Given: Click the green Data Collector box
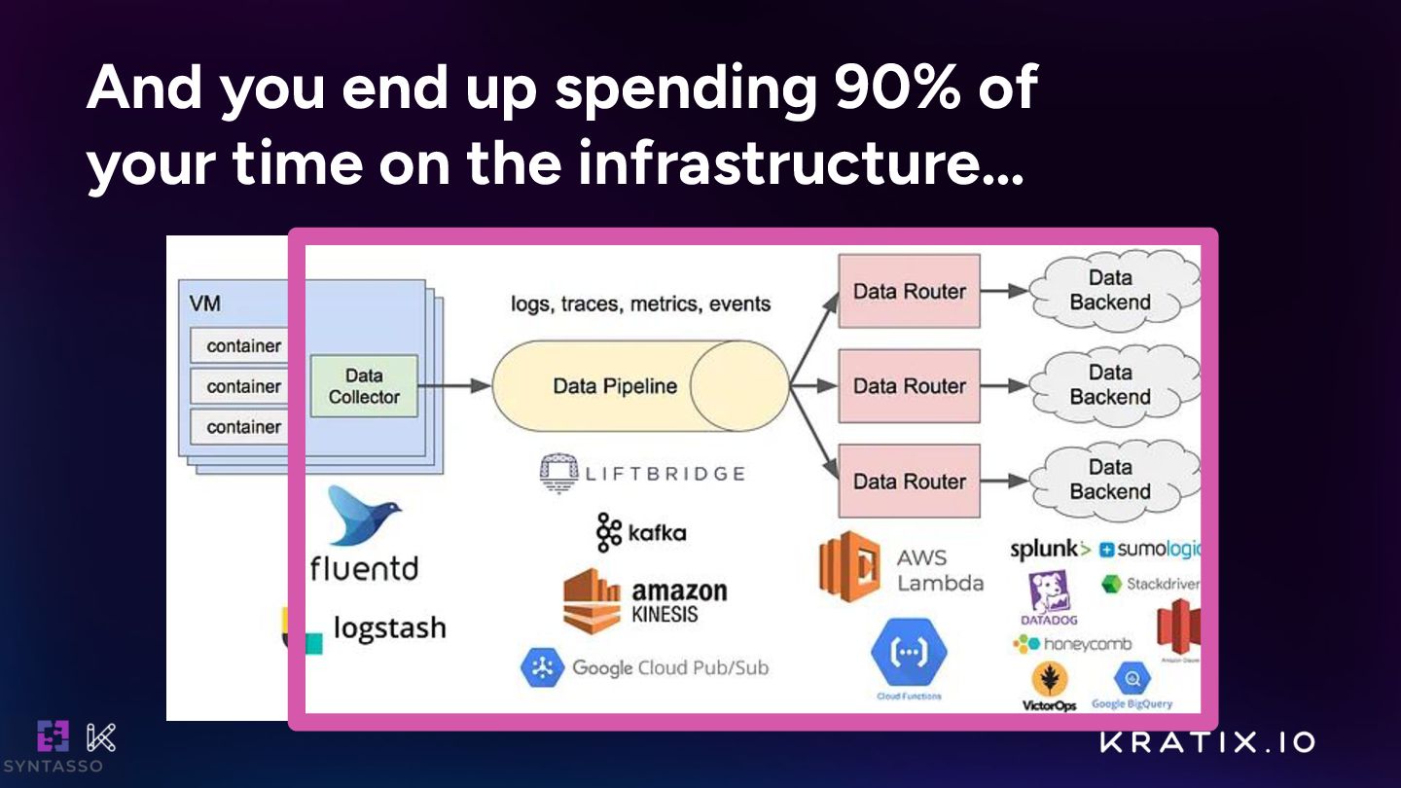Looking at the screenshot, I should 363,386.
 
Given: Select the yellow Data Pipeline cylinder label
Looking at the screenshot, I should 615,386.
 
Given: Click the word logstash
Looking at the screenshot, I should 389,628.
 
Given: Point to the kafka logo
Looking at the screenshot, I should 641,532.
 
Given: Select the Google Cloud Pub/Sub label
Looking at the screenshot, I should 669,667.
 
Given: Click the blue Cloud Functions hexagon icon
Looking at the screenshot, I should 909,652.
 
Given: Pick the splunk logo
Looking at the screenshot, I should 1050,550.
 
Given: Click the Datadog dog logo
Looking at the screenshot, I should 1049,593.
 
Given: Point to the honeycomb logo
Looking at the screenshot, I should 1072,643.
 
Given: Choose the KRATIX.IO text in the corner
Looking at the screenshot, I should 1207,742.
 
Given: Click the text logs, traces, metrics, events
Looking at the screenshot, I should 640,304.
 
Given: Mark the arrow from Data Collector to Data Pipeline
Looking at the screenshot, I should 454,386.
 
